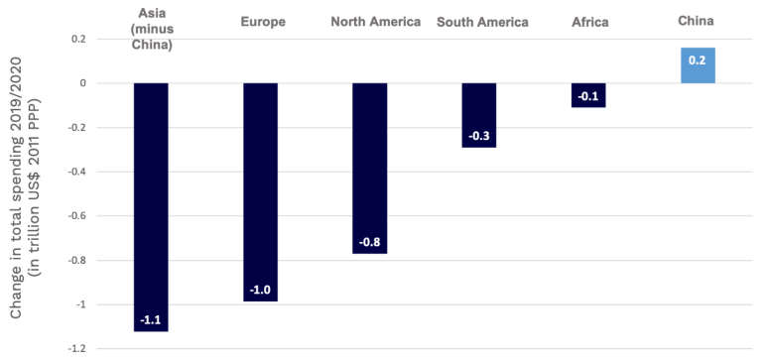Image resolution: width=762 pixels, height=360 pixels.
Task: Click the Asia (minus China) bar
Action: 151,198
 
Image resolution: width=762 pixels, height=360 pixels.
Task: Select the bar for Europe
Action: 261,188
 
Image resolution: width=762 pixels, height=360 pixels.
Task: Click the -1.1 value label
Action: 151,319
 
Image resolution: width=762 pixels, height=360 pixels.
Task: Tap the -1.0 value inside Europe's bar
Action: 261,290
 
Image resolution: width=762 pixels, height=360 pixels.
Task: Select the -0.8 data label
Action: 370,242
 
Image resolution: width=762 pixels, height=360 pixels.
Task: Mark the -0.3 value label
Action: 479,135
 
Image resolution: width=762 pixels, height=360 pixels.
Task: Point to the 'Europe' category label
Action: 261,22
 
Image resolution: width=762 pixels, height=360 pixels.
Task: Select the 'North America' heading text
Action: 376,22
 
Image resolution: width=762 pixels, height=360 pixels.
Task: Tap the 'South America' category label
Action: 483,22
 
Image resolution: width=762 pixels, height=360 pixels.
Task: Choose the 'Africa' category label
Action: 589,22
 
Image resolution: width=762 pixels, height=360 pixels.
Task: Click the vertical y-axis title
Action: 24,188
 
